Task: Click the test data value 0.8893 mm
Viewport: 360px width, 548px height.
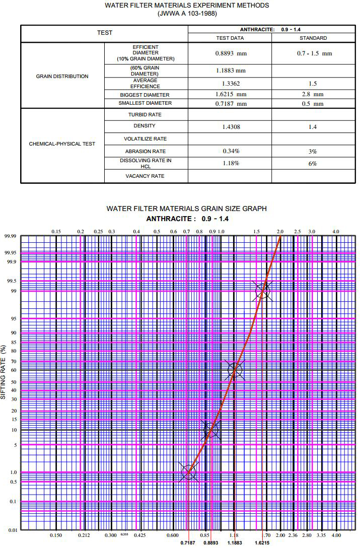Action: click(230, 52)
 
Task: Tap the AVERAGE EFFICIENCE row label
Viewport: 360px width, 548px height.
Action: click(145, 83)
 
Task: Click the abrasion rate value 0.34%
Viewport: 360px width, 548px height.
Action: click(231, 151)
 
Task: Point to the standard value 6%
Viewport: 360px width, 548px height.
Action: click(313, 164)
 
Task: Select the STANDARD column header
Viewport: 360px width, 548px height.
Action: click(313, 38)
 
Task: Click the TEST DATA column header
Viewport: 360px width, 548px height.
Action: click(230, 38)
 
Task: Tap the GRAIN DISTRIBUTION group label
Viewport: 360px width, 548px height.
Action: click(62, 77)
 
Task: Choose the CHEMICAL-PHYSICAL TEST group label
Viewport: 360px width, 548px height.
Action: click(62, 144)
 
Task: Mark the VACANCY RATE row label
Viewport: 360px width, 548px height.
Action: click(146, 176)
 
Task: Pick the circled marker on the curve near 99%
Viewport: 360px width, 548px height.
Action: click(262, 290)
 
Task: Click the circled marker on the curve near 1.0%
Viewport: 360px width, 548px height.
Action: click(188, 472)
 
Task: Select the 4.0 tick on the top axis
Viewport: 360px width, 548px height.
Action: click(336, 231)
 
